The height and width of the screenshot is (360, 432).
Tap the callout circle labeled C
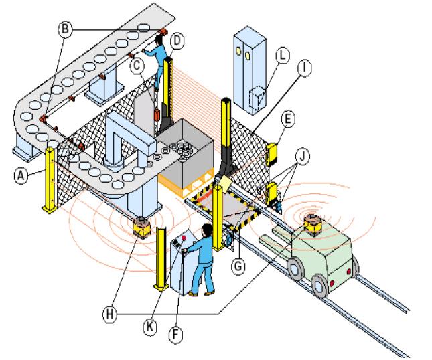[137, 66]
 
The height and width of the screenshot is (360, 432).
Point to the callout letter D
[177, 41]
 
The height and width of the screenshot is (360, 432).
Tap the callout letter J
[305, 158]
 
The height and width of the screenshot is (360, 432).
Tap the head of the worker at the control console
[206, 230]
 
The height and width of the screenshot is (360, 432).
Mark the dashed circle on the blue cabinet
[255, 97]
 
